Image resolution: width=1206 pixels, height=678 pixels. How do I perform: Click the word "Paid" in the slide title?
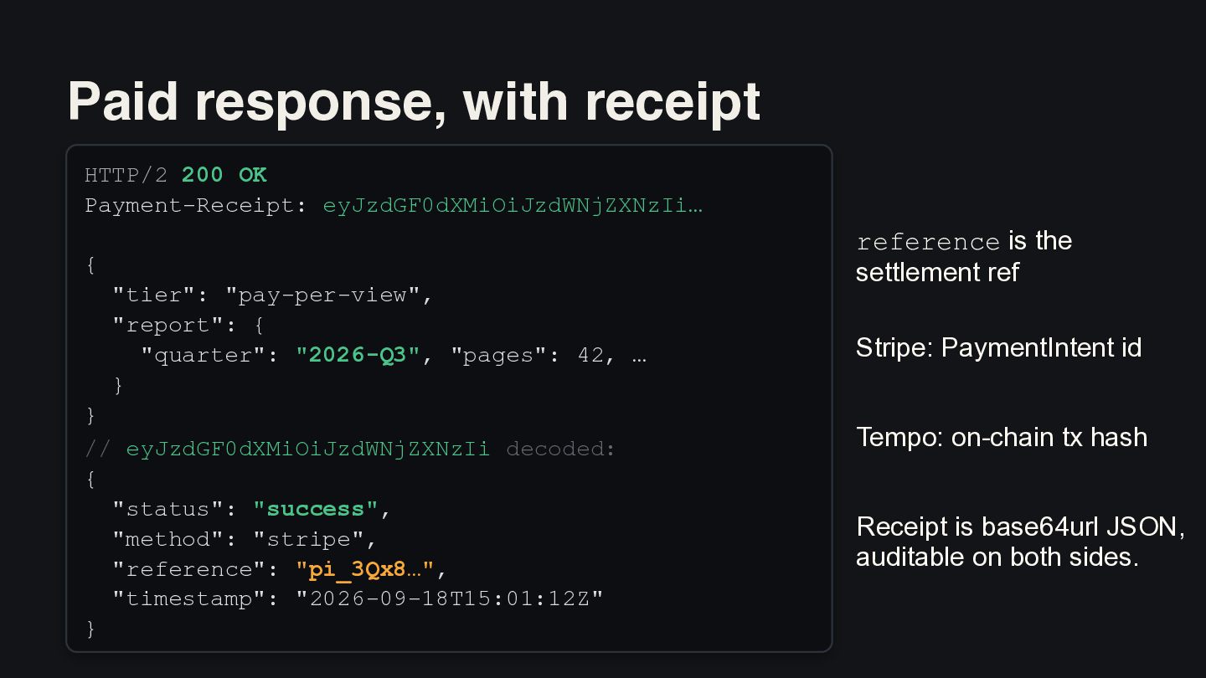123,101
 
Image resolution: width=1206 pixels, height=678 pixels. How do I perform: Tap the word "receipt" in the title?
673,103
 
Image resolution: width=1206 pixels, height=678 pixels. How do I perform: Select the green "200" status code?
202,175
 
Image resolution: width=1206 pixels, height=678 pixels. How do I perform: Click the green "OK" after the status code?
253,175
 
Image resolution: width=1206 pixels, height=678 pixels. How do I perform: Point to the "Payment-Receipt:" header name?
196,206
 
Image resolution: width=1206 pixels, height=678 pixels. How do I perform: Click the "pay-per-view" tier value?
322,295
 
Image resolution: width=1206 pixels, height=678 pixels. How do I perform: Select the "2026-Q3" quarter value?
358,355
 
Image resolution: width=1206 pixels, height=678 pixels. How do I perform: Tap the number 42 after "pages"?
590,355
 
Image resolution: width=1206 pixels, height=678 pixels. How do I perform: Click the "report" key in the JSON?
168,325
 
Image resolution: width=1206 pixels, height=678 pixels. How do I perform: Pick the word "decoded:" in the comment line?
560,449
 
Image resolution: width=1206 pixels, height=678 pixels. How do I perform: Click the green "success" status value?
316,509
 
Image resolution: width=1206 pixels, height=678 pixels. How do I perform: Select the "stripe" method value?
308,539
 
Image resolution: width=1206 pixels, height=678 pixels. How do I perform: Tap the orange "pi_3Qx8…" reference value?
365,569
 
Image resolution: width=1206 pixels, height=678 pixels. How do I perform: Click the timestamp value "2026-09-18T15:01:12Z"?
450,599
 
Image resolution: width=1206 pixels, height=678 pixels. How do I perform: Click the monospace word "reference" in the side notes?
928,243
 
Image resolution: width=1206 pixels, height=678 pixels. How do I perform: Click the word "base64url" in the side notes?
1039,526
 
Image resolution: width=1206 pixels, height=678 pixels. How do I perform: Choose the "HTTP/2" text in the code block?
126,176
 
